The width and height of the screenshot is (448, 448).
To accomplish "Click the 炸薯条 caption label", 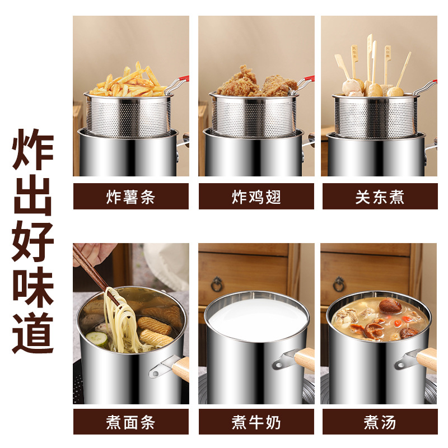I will click(130, 197).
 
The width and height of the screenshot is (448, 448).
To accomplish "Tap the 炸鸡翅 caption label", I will click(256, 197).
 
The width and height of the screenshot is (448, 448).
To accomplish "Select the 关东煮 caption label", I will click(379, 197).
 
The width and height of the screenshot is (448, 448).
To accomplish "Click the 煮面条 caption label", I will click(130, 422).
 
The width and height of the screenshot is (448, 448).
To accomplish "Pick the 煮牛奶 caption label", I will click(256, 422).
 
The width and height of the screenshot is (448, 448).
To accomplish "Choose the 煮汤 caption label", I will click(379, 422).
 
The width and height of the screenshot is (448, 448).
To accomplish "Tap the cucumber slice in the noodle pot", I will click(96, 338).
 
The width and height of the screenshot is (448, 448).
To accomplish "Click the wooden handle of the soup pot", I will click(427, 359).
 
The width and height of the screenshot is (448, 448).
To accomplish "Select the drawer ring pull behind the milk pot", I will click(217, 284).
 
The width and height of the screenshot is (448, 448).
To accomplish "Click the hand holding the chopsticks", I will click(92, 253).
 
